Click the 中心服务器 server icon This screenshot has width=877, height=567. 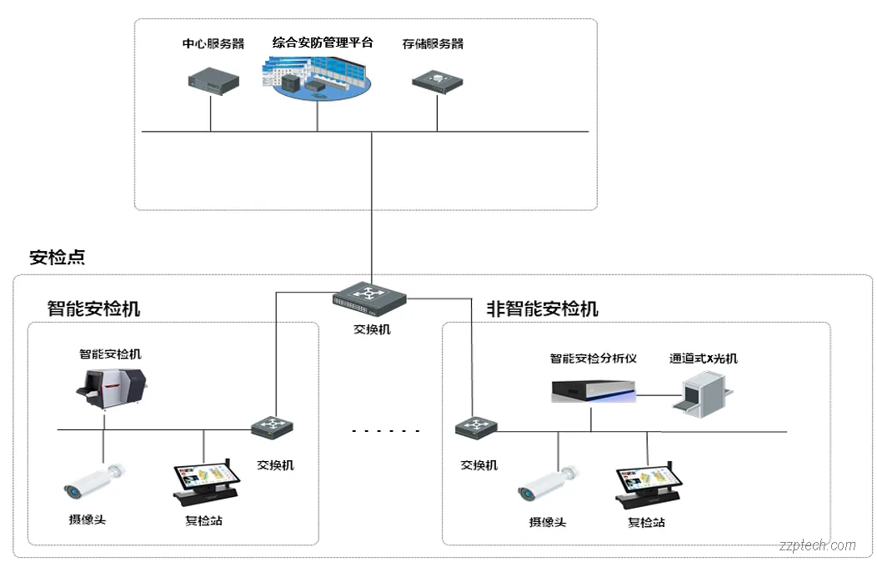pyautogui.click(x=213, y=81)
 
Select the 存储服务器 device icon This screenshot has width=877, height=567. pyautogui.click(x=438, y=80)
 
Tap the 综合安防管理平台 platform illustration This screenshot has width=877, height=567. pyautogui.click(x=318, y=78)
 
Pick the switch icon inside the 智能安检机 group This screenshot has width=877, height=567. pyautogui.click(x=272, y=428)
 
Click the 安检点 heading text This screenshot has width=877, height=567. pyautogui.click(x=57, y=257)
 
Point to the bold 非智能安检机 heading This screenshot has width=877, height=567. pyautogui.click(x=542, y=309)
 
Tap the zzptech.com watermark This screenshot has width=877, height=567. pyautogui.click(x=817, y=545)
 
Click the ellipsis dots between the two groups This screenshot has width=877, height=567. pyautogui.click(x=385, y=431)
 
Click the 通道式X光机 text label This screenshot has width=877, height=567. pyautogui.click(x=703, y=359)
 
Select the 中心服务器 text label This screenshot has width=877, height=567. pyautogui.click(x=213, y=43)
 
